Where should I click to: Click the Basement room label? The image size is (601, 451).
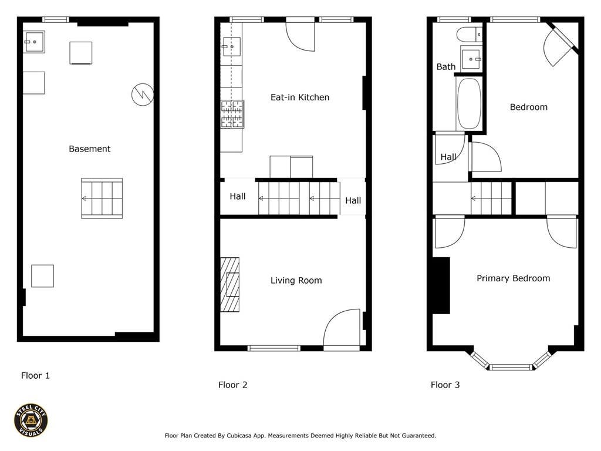[x=89, y=149]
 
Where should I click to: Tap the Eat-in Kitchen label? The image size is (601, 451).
[x=300, y=97]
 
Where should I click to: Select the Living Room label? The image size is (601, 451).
[x=296, y=281]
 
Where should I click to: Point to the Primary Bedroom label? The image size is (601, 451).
[x=513, y=278]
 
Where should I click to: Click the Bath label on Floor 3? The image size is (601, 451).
[x=446, y=67]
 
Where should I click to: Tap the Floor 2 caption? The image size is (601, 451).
[x=232, y=385]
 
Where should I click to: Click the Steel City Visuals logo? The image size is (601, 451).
[x=31, y=420]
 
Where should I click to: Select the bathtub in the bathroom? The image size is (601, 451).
[x=468, y=103]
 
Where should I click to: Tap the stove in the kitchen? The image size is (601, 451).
[x=232, y=114]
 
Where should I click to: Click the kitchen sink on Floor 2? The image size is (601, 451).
[x=231, y=46]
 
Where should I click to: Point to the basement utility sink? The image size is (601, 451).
[x=33, y=42]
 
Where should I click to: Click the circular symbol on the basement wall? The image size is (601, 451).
[x=143, y=95]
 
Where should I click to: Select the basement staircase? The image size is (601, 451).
[x=102, y=198]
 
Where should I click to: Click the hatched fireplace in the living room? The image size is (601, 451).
[x=229, y=284]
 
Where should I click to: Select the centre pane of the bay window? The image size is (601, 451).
[x=511, y=368]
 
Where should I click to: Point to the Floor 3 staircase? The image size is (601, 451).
[x=491, y=198]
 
